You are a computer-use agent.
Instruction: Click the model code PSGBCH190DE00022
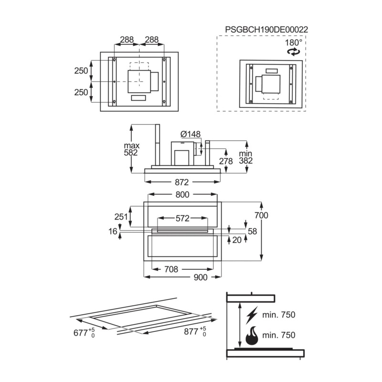[x=266, y=30]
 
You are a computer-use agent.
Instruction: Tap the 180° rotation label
[x=294, y=42]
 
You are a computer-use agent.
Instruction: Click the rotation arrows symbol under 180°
[x=294, y=53]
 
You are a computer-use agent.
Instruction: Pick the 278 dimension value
[x=226, y=161]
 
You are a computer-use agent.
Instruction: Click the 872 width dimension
[x=182, y=182]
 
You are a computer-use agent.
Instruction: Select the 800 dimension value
[x=182, y=194]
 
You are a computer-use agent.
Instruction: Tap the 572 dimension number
[x=182, y=219]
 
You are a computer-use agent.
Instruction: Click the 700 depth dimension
[x=261, y=215]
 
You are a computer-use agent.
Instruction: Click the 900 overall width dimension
[x=200, y=277]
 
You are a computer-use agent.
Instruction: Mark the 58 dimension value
[x=252, y=231]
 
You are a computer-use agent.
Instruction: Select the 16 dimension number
[x=113, y=232]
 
